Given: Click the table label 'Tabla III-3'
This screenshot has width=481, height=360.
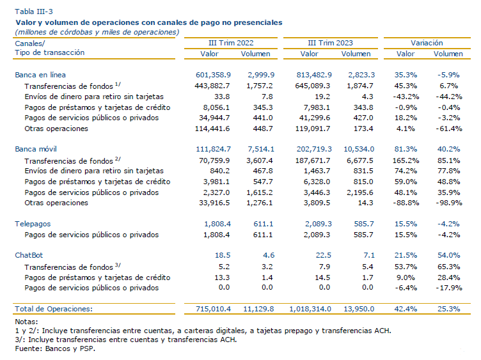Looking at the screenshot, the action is [x=34, y=12].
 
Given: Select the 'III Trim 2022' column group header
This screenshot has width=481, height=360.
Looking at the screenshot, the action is [x=231, y=43].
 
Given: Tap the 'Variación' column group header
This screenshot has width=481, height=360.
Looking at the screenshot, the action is [x=427, y=43].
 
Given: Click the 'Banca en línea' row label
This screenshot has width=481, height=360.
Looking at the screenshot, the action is [x=40, y=75].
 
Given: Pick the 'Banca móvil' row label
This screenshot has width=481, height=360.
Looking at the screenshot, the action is [x=36, y=149].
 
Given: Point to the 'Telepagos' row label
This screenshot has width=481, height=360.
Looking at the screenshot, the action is [x=33, y=224].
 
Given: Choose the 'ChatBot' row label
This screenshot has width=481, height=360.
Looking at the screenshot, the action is [x=29, y=255].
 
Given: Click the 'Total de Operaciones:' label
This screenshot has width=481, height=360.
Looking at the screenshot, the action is [x=54, y=309].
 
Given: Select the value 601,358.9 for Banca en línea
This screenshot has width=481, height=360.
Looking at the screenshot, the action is [x=213, y=75].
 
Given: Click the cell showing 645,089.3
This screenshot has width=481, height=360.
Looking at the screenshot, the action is [x=313, y=86].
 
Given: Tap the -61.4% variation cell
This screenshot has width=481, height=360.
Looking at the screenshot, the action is [x=449, y=129].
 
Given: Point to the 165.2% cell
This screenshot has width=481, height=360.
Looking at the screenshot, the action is [x=406, y=160].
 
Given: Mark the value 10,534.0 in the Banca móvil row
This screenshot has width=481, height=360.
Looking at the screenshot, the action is [x=359, y=149].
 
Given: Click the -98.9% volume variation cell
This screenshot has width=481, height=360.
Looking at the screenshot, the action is [x=449, y=203].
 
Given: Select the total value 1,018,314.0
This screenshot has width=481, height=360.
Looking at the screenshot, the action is [x=310, y=309].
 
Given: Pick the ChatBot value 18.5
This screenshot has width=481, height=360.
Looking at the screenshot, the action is [x=223, y=255].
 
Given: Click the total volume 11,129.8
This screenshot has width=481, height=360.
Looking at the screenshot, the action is [x=258, y=309].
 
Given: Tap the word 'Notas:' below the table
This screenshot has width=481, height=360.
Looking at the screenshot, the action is [x=26, y=322].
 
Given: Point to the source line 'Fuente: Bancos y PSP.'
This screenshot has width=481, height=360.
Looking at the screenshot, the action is [x=55, y=348].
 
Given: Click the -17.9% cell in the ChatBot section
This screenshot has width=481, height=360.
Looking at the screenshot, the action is [x=449, y=288].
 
